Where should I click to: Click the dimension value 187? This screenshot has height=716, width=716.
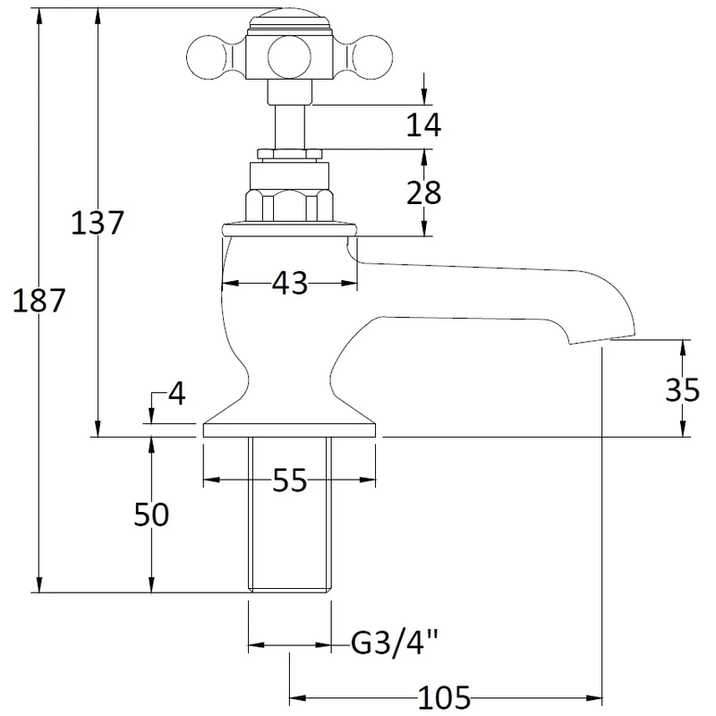click(x=39, y=302)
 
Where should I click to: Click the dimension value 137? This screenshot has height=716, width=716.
click(x=97, y=222)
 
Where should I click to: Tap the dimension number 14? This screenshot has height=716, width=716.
click(x=423, y=125)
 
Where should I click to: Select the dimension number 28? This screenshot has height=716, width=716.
click(x=423, y=192)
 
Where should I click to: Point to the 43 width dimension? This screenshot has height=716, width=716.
click(x=288, y=284)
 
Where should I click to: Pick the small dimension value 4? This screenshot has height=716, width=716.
click(x=175, y=395)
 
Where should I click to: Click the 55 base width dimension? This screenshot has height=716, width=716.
click(x=289, y=482)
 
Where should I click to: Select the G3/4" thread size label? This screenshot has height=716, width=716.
click(x=395, y=643)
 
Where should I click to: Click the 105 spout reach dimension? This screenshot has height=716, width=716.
click(x=445, y=695)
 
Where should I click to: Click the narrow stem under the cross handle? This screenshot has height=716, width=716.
click(x=287, y=121)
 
